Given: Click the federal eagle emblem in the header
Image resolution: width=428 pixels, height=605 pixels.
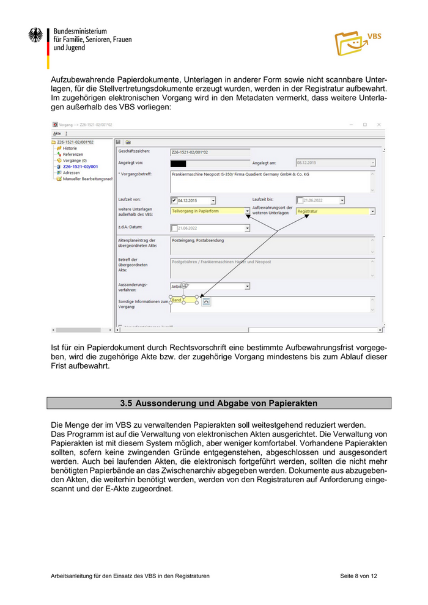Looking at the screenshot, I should (35, 35).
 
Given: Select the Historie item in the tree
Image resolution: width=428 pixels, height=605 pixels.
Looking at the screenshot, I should (70, 148).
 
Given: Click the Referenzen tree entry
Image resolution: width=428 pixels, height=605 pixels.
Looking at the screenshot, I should (73, 154).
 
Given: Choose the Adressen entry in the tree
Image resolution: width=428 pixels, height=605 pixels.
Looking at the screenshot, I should (71, 173).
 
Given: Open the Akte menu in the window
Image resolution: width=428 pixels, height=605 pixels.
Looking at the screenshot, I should (56, 133).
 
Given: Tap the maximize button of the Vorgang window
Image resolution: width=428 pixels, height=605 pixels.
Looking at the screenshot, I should (364, 125).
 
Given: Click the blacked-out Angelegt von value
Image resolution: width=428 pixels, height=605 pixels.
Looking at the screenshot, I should (178, 163).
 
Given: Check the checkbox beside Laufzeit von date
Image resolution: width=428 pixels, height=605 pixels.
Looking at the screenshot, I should (174, 200).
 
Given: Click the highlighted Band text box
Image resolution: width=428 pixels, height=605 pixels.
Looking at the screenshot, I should (183, 301).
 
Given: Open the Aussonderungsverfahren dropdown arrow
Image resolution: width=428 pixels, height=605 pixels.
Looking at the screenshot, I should (247, 285).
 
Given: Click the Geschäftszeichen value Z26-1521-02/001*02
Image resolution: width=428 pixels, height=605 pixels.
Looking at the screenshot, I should (190, 152).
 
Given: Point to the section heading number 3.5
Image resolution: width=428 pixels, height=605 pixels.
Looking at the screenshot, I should (126, 403).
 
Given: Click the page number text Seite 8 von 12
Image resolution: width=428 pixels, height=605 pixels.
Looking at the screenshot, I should (358, 576).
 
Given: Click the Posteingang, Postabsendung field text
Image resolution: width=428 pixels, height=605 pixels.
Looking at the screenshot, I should (198, 240).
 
